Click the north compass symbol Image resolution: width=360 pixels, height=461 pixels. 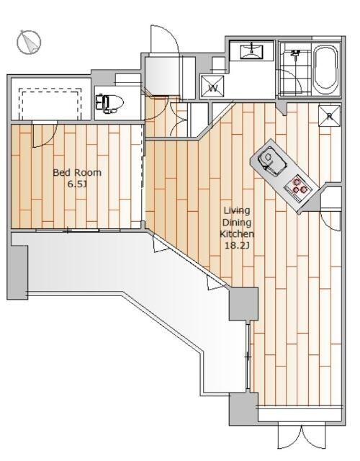pyautogui.click(x=29, y=42)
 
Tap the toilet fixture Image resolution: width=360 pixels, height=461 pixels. pyautogui.click(x=109, y=103)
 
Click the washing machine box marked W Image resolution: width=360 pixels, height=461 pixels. pyautogui.click(x=212, y=87)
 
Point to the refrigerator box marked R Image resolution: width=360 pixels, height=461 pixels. pyautogui.click(x=330, y=116)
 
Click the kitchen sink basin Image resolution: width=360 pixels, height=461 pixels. pyautogui.click(x=271, y=160)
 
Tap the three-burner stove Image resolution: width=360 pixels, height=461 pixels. pyautogui.click(x=297, y=187)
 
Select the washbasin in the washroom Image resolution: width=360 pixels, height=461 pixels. pyautogui.click(x=252, y=51)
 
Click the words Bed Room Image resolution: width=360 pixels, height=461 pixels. pyautogui.click(x=77, y=172)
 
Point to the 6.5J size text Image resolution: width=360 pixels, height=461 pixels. pyautogui.click(x=77, y=184)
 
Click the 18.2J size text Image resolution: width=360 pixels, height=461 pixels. pyautogui.click(x=237, y=246)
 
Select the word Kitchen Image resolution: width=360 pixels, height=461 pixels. pyautogui.click(x=237, y=234)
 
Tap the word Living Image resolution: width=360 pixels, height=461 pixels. pyautogui.click(x=237, y=210)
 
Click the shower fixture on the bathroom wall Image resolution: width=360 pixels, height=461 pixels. pyautogui.click(x=294, y=53)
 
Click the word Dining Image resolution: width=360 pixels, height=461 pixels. pyautogui.click(x=237, y=223)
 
